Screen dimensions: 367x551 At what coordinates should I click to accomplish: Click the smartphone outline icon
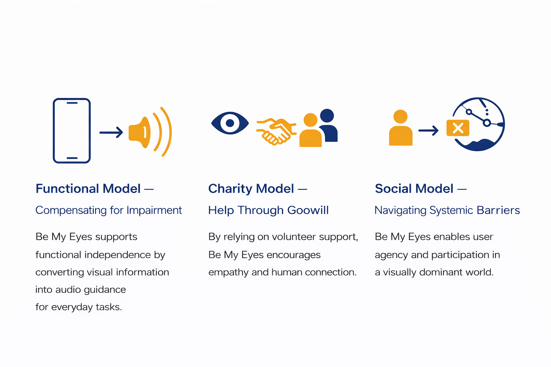[72, 131]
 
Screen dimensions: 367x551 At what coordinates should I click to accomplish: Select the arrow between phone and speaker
[111, 133]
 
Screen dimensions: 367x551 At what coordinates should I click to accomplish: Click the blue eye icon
[230, 123]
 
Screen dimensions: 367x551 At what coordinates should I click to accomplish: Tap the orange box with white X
[458, 128]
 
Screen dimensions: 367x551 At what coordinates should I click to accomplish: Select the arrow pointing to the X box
[428, 130]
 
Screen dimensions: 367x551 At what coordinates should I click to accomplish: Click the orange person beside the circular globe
[401, 128]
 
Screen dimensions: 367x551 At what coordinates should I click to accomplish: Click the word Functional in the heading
[67, 189]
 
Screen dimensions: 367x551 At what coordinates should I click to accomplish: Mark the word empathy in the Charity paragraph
[229, 272]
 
